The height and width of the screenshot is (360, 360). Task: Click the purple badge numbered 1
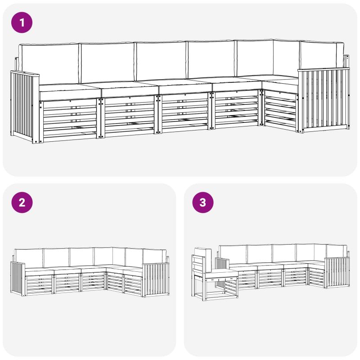[22, 22]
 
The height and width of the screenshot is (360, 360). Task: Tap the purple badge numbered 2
[22, 202]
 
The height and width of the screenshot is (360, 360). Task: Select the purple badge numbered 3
[203, 202]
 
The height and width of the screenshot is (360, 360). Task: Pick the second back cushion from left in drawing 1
[108, 63]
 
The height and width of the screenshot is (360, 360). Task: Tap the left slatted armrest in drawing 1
[24, 106]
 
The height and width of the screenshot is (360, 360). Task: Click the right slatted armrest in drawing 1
[324, 100]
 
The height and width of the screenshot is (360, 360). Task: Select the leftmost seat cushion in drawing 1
[70, 91]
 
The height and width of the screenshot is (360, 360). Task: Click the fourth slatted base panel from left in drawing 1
[237, 109]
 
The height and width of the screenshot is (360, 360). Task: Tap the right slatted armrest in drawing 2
[156, 280]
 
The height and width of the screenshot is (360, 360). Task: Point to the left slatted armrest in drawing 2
[18, 279]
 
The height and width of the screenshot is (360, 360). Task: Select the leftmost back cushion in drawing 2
[28, 258]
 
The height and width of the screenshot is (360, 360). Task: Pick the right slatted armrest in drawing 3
[337, 273]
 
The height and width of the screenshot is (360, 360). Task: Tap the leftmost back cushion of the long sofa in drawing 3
[233, 254]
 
